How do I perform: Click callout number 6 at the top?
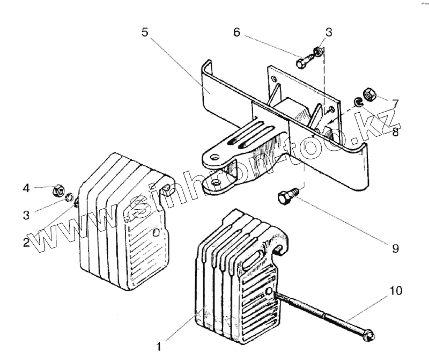point(236,32)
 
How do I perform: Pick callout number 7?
point(395,102)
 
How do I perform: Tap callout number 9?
point(395,248)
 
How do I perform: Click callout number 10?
point(395,291)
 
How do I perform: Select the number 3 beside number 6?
point(328,32)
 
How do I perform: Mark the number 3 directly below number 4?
point(26,215)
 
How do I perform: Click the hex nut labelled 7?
point(368,95)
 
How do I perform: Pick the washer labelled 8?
point(357,102)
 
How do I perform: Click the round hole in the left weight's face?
point(156,233)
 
